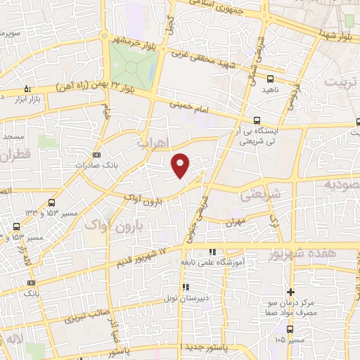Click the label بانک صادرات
[x=96, y=165]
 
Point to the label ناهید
[x=271, y=90]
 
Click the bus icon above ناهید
[x=271, y=79]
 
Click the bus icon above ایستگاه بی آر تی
[x=257, y=120]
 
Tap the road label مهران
[x=234, y=222]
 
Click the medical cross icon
[x=290, y=291]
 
